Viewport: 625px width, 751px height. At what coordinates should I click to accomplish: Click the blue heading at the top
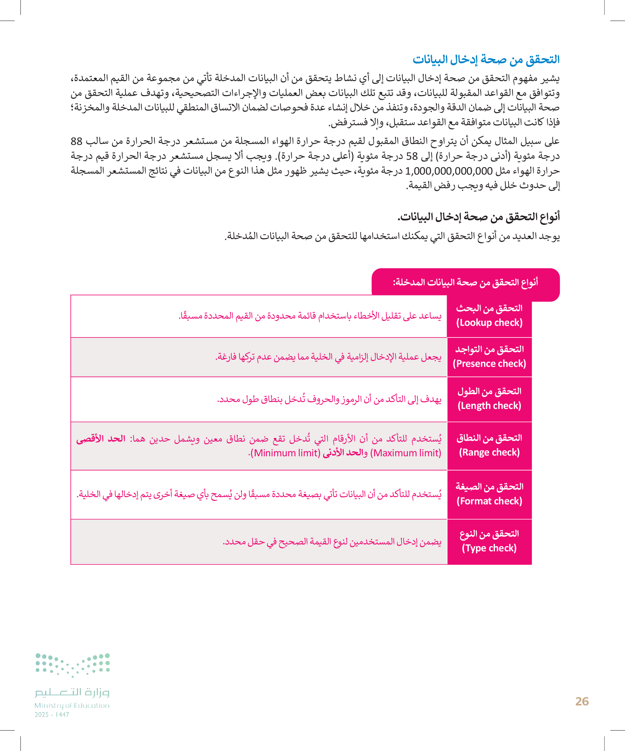(x=486, y=59)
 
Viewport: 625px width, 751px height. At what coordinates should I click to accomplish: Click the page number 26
(x=582, y=701)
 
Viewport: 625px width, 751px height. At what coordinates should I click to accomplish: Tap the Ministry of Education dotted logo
(x=72, y=665)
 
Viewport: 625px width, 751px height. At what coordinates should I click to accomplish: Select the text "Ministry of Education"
(x=72, y=705)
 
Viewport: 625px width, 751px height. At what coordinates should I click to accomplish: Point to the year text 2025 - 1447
(x=52, y=715)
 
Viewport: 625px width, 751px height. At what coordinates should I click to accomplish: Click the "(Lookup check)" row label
(x=489, y=323)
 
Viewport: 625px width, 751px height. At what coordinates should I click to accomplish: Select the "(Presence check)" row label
(x=489, y=364)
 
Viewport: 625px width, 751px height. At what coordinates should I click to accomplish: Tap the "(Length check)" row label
(x=489, y=406)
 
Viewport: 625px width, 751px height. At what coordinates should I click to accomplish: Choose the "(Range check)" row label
(x=489, y=452)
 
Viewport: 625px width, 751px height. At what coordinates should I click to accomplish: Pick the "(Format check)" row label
(x=489, y=501)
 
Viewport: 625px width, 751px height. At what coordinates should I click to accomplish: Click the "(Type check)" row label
(x=489, y=548)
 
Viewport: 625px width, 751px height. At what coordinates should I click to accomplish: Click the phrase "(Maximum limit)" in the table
(x=406, y=453)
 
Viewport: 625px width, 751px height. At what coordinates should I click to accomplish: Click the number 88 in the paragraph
(x=77, y=141)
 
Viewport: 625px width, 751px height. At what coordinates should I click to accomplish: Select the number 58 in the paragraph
(x=412, y=156)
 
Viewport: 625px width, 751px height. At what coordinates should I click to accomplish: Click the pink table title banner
(x=465, y=282)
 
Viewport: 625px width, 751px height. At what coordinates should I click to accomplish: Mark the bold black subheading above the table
(x=478, y=217)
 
